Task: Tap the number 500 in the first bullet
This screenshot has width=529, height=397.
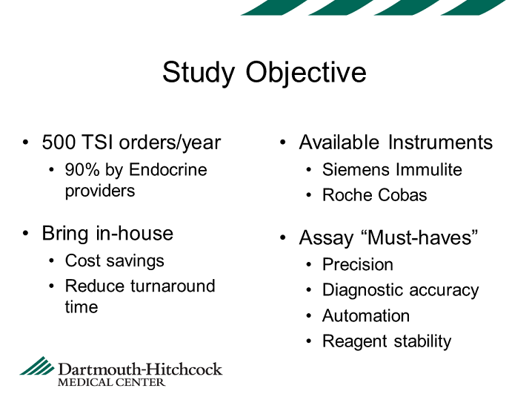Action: coord(59,142)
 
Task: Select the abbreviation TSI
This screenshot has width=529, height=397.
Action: coord(97,142)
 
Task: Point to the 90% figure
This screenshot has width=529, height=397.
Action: coord(82,170)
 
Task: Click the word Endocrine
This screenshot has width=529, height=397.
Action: coord(168,170)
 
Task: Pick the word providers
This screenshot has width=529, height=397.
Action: coord(100,191)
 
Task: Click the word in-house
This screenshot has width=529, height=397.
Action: coord(135,233)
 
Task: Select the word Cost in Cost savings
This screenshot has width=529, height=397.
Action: coord(79,261)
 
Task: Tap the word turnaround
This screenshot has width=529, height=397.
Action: coord(173,286)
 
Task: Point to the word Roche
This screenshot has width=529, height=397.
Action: coord(347,195)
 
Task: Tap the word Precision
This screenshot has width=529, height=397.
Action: coord(358,264)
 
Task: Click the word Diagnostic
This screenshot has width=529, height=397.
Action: coord(363,291)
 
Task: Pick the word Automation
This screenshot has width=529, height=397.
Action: coord(366,316)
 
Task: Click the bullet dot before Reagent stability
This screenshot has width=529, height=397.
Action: coord(309,341)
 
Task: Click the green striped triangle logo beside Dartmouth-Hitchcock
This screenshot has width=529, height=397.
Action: coord(38,366)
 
